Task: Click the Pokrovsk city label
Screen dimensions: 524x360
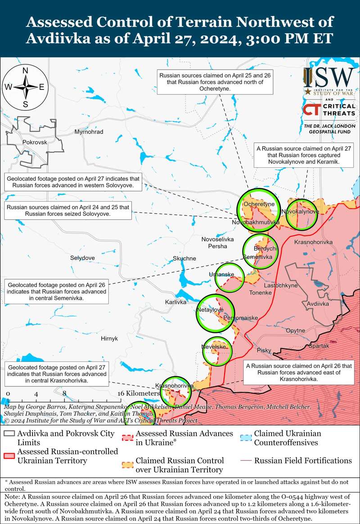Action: click(34, 142)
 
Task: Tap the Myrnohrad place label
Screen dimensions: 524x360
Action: click(89, 132)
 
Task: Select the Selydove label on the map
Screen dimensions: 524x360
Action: click(82, 258)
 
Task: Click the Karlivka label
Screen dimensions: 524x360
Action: click(175, 302)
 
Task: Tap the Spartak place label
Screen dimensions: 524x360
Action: click(319, 346)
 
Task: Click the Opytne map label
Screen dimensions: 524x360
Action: click(296, 331)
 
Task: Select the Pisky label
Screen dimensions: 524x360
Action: click(264, 350)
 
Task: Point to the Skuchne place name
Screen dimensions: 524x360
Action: click(184, 258)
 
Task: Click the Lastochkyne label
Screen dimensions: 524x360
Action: click(280, 286)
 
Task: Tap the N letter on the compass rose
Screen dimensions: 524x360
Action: click(26, 70)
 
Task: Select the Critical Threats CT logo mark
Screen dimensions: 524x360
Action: click(311, 110)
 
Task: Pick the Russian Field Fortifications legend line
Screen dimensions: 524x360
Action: click(246, 461)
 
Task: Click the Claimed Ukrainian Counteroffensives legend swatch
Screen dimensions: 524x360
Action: click(245, 438)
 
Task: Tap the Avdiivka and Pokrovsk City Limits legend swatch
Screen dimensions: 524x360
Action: click(9, 434)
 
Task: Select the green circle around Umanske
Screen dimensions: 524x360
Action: click(229, 278)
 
